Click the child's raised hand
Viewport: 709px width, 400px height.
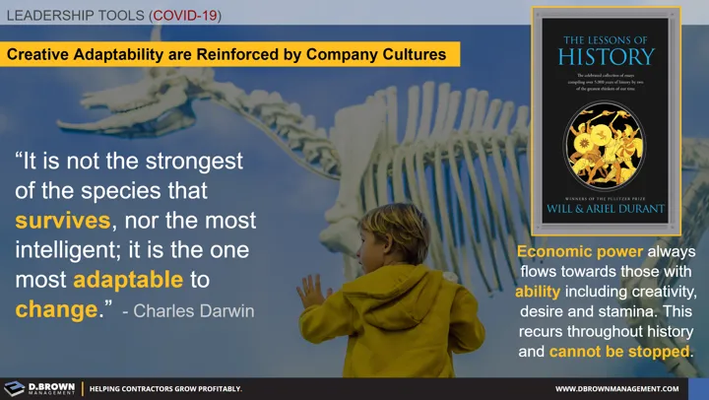click(311, 291)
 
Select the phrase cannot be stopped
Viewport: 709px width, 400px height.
click(619, 351)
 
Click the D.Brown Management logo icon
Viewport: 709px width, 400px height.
click(15, 387)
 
